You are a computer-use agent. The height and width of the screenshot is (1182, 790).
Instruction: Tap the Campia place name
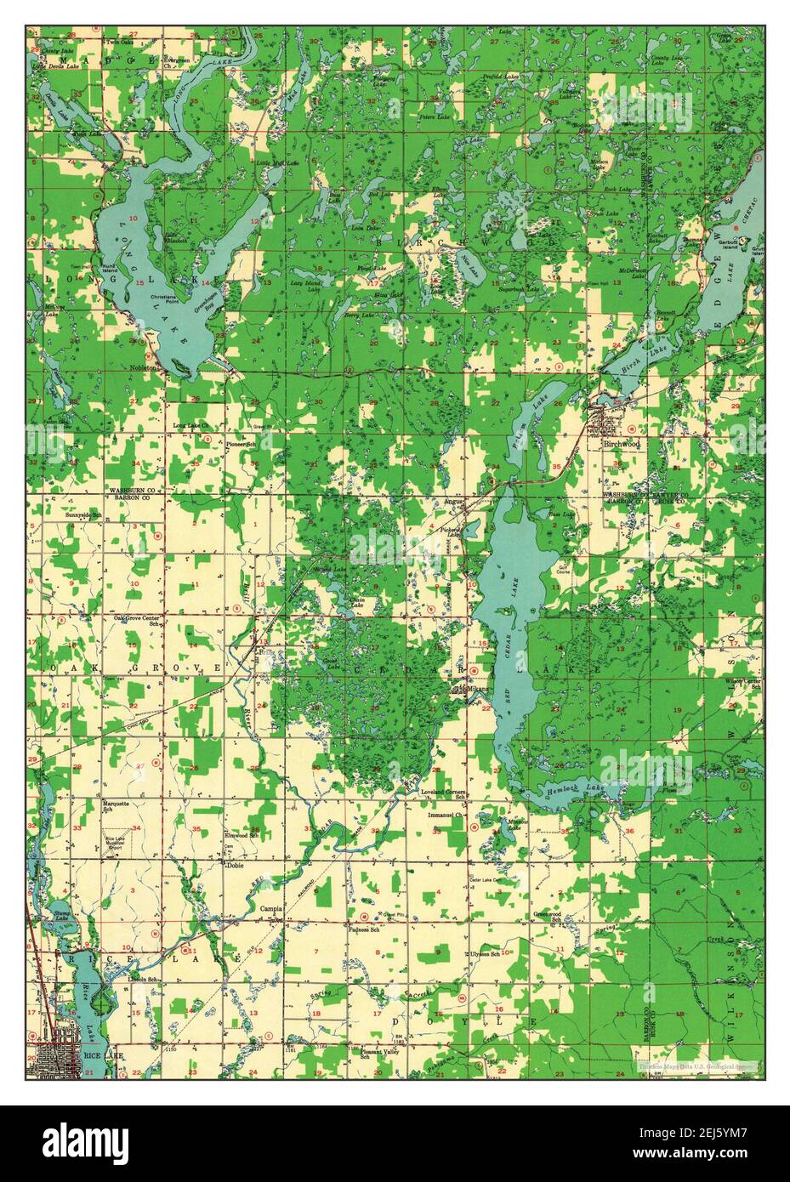tap(271, 907)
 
